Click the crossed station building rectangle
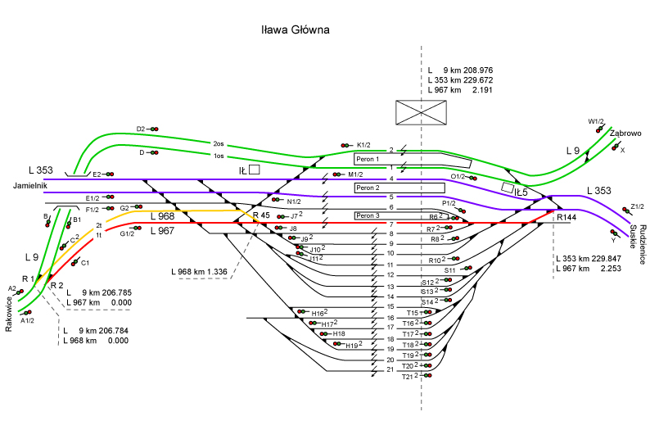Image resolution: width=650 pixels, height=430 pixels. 420,112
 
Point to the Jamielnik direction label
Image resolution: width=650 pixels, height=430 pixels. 30,187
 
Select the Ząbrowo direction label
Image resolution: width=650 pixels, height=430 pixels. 625,134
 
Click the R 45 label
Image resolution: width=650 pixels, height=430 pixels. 260,216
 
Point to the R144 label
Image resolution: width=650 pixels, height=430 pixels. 566,218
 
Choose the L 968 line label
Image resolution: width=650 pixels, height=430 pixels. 161,216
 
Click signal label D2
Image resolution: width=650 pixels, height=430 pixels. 140,129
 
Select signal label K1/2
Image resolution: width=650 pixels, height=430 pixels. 363,145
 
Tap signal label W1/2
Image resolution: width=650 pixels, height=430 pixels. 595,121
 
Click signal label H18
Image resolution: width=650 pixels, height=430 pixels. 339,333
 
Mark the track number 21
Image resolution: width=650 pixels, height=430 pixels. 390,370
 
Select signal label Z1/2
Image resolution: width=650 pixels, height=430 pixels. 639,206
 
